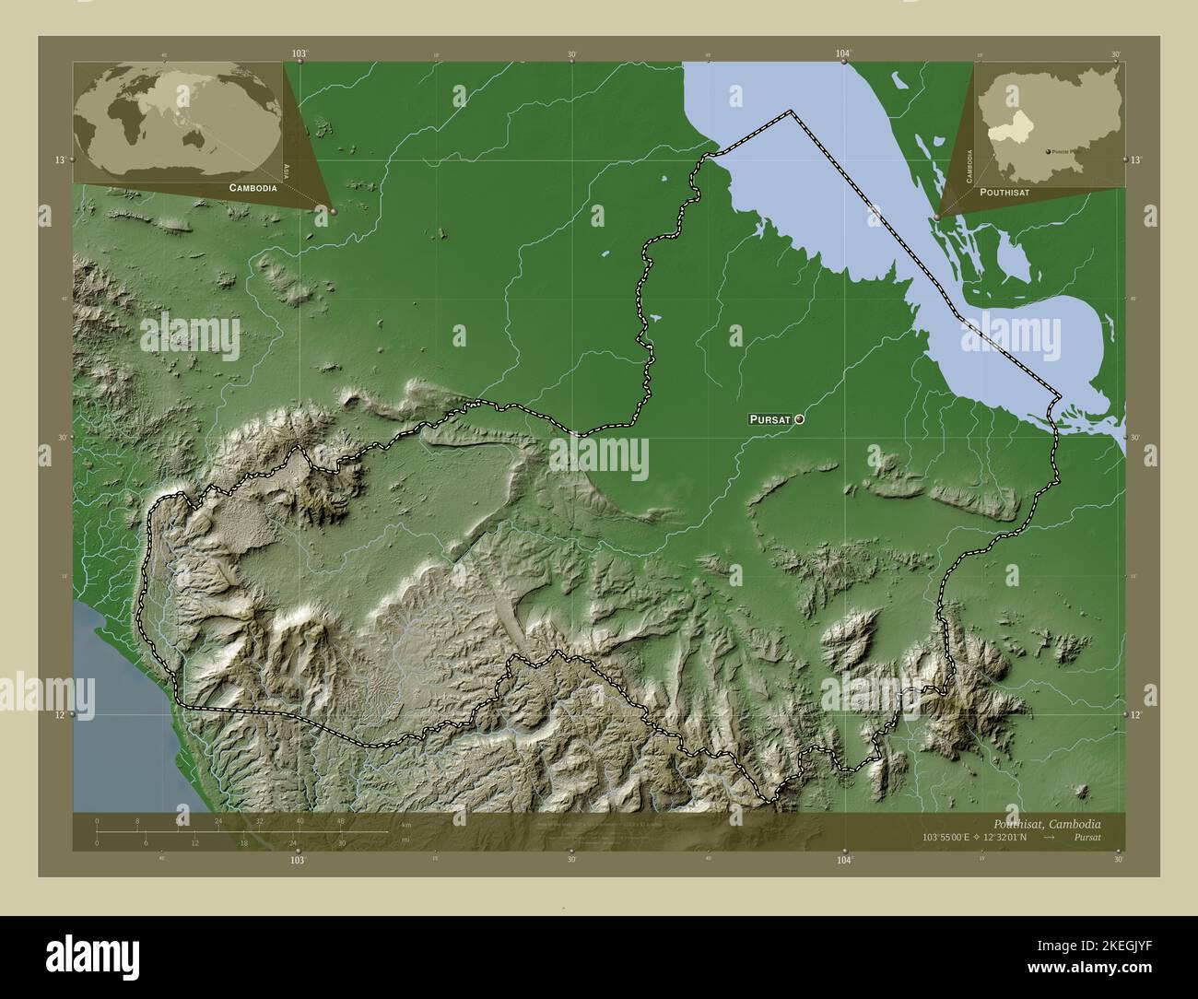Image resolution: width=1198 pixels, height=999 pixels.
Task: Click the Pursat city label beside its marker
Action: point(769,419)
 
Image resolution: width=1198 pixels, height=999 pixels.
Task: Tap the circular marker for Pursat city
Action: point(799,419)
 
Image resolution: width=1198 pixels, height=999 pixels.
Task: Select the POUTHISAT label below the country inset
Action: point(1004,192)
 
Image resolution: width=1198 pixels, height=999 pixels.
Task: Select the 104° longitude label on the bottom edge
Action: point(845,860)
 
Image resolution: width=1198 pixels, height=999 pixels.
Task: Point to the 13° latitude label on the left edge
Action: point(59,159)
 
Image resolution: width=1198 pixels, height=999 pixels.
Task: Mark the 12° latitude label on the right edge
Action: point(1137,714)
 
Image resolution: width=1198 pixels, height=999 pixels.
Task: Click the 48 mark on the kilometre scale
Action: point(340,821)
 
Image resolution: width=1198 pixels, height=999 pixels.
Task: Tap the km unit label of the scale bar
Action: point(406,823)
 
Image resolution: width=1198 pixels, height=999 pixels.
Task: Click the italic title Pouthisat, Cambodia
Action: point(1046,823)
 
